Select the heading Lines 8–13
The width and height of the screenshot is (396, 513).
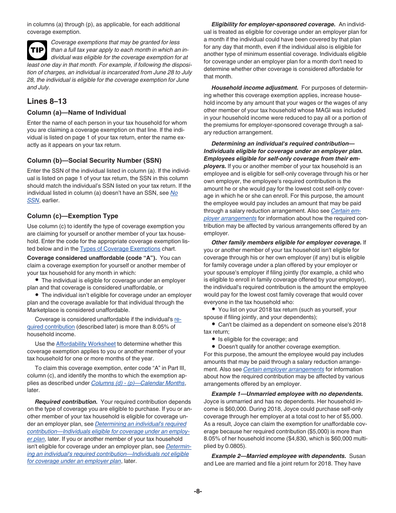tap(47, 101)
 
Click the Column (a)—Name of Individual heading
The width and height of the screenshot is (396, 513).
tap(76, 113)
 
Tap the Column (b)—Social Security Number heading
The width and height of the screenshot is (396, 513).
tap(94, 161)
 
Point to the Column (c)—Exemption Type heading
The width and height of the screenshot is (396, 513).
tap(73, 216)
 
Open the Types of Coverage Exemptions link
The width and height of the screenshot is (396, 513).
tap(120, 249)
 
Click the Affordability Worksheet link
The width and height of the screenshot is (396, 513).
tap(86, 344)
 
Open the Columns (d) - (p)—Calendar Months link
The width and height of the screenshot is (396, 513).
tap(138, 383)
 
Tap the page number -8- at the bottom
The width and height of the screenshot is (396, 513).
tap(198, 491)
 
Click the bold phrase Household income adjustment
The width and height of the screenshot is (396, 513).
tap(255, 88)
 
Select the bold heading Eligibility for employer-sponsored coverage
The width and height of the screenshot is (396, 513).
tap(273, 25)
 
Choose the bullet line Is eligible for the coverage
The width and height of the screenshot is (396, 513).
tap(258, 339)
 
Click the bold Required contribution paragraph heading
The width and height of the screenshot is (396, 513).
tap(66, 402)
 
